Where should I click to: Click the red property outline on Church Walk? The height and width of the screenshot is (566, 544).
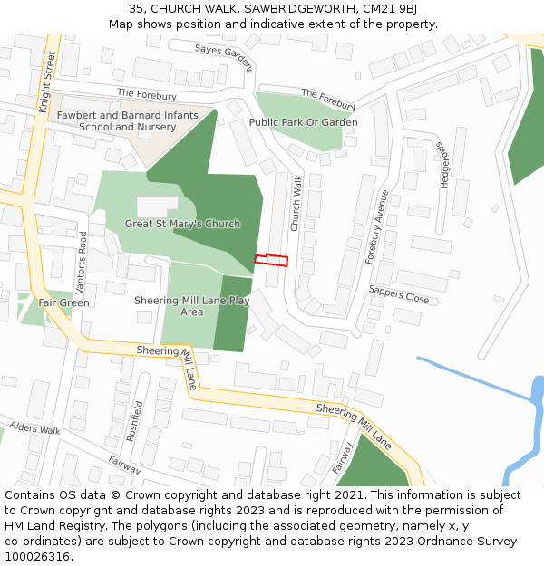(271, 261)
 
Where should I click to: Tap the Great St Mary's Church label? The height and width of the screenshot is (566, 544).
(182, 224)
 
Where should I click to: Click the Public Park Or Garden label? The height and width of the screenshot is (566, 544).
(303, 122)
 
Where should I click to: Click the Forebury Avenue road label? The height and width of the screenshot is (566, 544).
(375, 226)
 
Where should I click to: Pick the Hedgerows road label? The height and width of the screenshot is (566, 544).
(443, 164)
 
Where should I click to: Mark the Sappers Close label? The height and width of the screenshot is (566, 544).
(398, 294)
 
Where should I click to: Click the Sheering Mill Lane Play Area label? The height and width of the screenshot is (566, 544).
(191, 306)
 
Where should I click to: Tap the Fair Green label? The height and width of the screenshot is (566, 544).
(63, 302)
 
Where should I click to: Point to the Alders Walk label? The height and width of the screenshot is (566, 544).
(34, 427)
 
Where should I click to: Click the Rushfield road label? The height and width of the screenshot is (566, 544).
(134, 420)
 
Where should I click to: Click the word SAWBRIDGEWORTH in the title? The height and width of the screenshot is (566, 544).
(294, 8)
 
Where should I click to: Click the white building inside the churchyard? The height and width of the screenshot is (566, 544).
(157, 206)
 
